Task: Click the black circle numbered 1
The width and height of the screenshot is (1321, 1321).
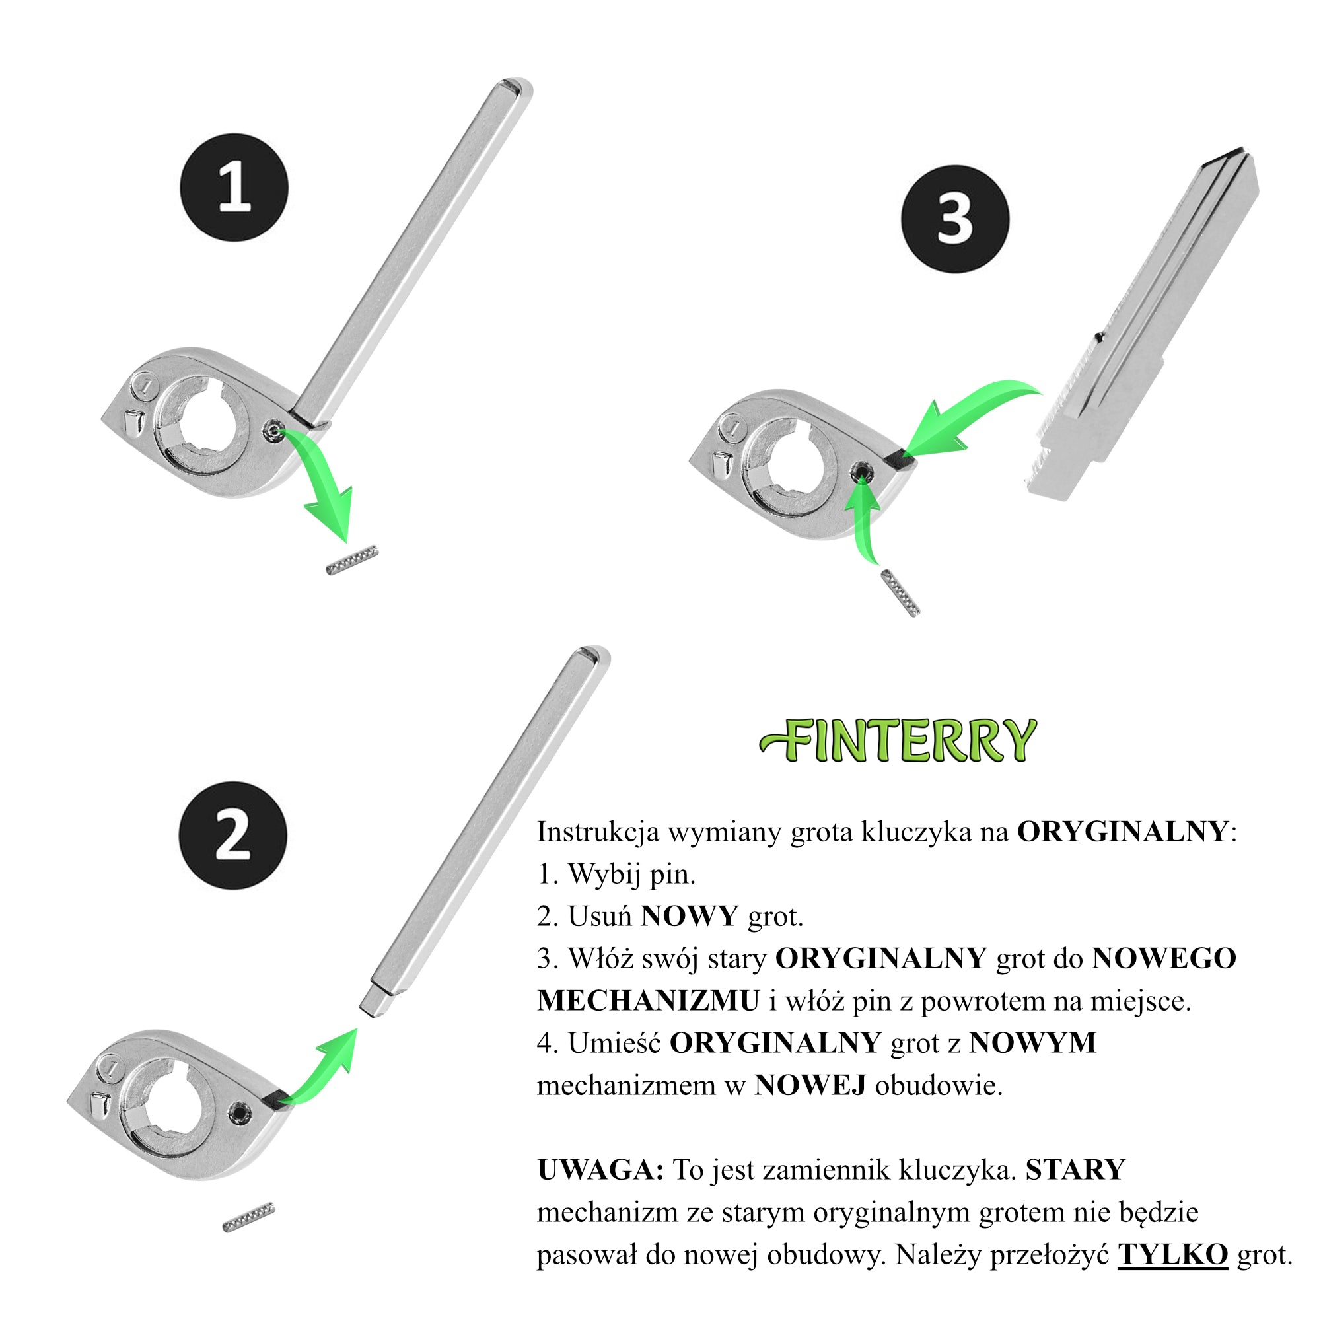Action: click(234, 188)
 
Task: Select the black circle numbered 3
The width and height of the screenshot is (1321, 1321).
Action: click(955, 219)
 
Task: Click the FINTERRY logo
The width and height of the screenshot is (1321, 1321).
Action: click(898, 741)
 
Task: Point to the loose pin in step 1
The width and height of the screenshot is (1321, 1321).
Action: click(352, 560)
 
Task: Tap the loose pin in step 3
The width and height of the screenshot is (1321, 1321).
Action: click(900, 594)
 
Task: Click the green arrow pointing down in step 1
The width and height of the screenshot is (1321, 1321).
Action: click(322, 479)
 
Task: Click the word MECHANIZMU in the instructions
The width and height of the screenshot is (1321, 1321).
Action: click(648, 1002)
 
